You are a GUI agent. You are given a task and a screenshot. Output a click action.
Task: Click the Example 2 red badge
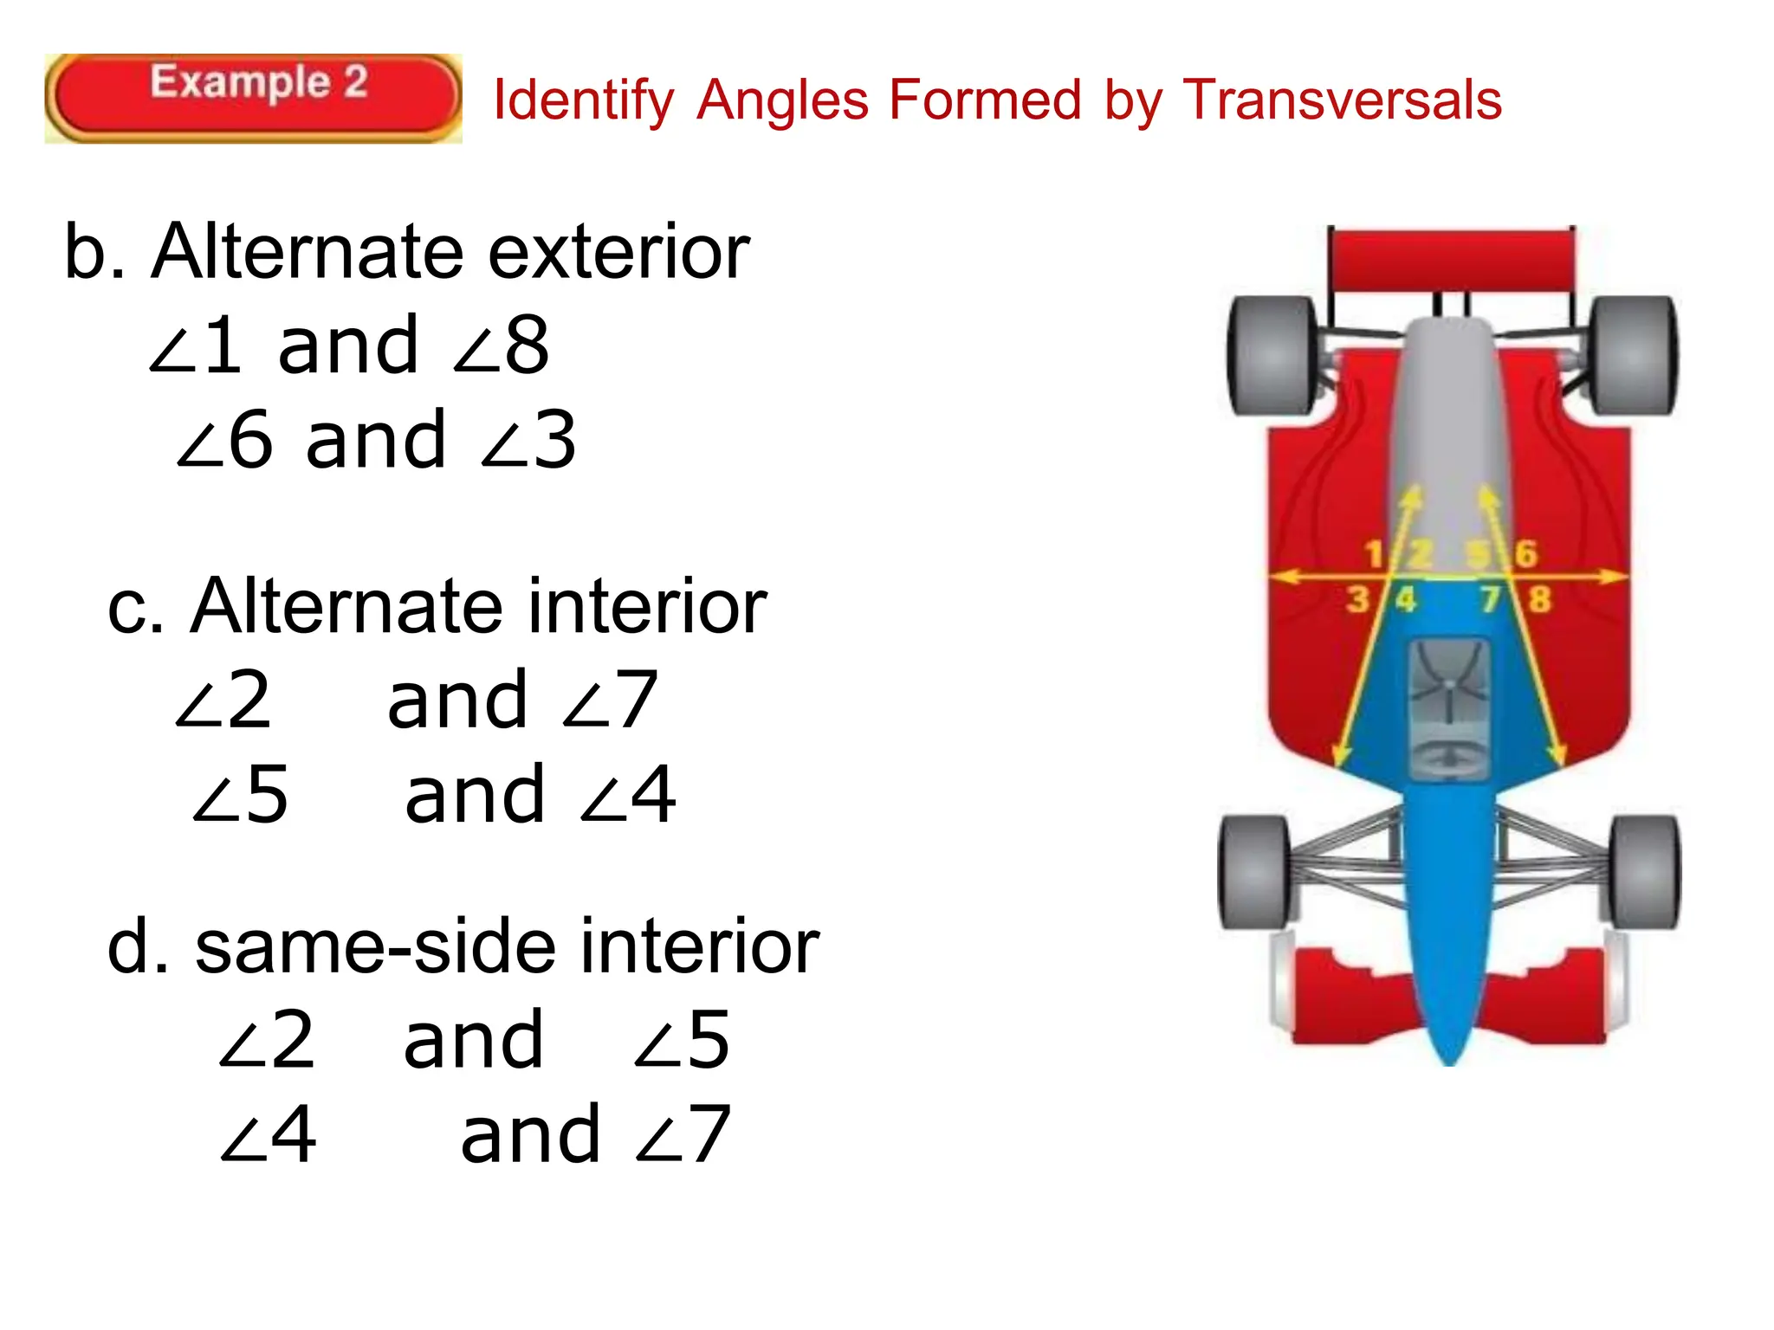point(253,98)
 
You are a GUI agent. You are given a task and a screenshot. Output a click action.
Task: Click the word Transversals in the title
point(1342,100)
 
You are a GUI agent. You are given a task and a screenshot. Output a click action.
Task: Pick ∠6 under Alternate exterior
point(227,440)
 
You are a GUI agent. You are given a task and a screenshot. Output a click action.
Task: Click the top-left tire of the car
point(1272,355)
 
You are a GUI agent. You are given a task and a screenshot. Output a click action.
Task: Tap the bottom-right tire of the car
point(1645,871)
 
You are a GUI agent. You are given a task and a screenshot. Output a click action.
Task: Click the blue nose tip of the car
point(1450,1052)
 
